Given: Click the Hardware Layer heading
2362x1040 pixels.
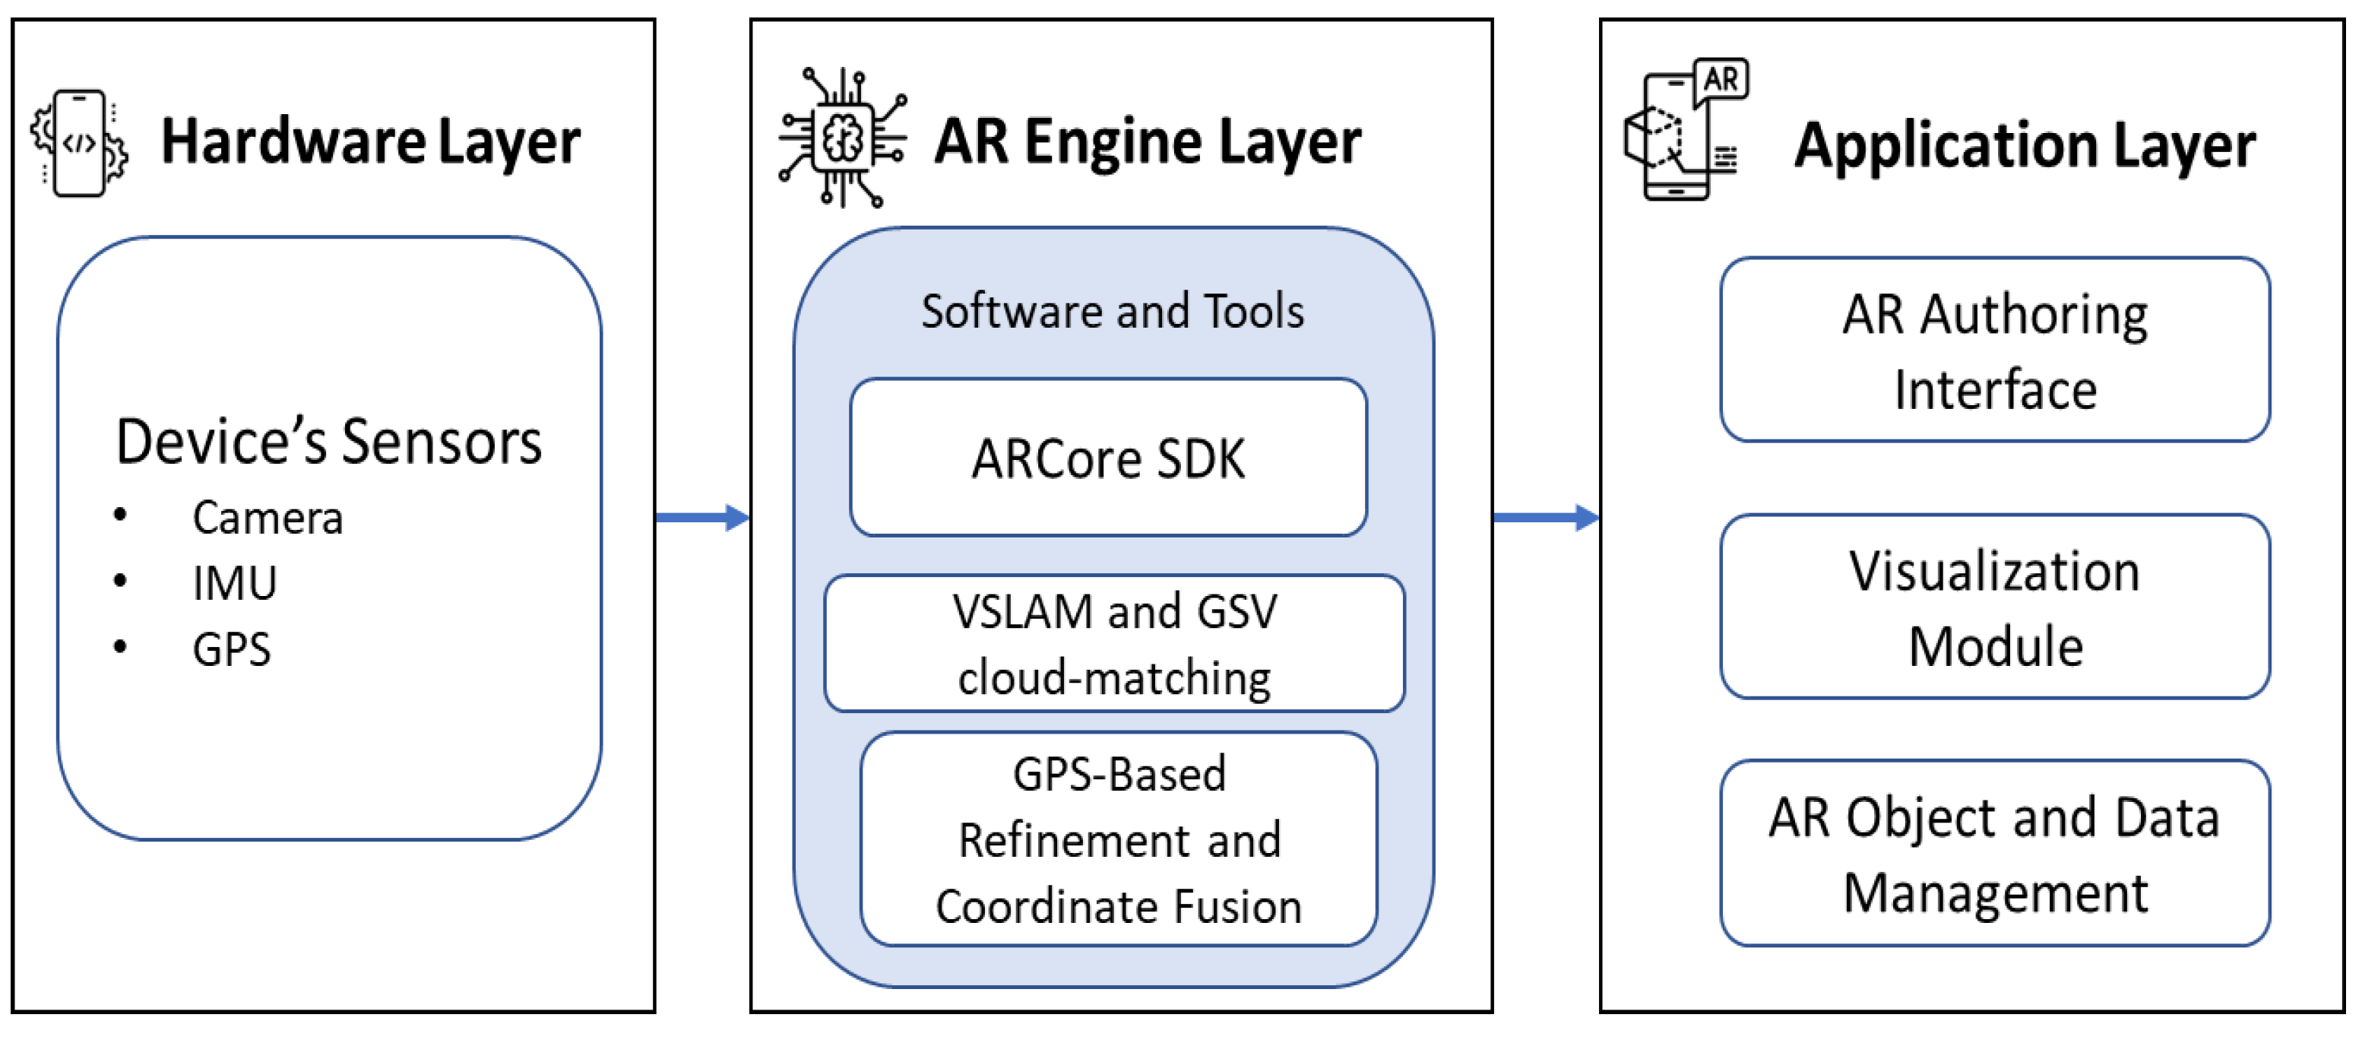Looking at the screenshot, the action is [x=370, y=142].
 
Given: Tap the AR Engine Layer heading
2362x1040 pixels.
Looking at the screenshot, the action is [x=1147, y=142].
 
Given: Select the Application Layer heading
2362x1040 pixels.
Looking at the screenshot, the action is [x=2025, y=146].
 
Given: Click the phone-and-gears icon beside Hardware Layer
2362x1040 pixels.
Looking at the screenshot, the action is [x=79, y=143].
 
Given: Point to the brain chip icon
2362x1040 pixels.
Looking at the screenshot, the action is [x=843, y=138].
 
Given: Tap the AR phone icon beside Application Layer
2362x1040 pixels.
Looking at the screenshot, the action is [x=1686, y=129].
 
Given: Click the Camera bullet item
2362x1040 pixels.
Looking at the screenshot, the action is [x=268, y=518].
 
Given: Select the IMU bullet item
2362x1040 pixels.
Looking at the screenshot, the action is [x=234, y=583].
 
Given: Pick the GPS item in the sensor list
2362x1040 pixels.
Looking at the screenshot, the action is [x=231, y=649].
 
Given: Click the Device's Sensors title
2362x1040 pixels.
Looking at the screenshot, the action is [x=328, y=442].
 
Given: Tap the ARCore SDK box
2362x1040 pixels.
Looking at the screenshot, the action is [x=1109, y=458].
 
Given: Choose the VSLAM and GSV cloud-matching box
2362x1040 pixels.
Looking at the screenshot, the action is [x=1114, y=644].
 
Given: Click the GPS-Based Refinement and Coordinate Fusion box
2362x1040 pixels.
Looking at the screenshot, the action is [x=1119, y=839].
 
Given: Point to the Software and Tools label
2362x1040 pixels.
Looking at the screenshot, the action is [x=1113, y=311].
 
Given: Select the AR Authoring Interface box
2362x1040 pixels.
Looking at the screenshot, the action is [x=1995, y=350].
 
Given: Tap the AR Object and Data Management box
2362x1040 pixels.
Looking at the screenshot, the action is [x=1995, y=854].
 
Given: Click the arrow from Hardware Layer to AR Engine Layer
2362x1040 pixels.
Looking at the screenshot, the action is [x=703, y=518].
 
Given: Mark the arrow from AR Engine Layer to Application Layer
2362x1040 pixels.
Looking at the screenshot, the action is [x=1547, y=518].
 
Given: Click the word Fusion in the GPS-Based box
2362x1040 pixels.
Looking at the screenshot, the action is [x=1238, y=907].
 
